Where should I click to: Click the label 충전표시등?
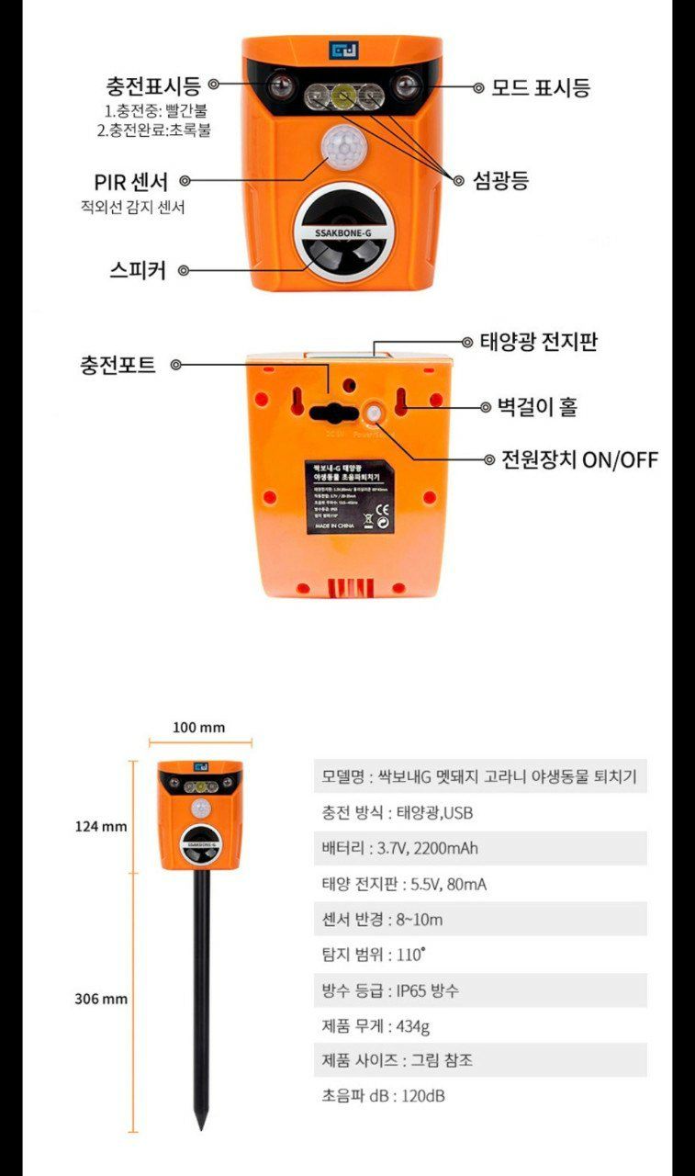(152, 86)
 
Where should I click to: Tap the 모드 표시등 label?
(540, 87)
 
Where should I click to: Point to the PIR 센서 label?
(131, 182)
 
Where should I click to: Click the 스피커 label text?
(137, 271)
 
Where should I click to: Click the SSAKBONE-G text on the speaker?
(342, 233)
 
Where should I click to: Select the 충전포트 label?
(117, 365)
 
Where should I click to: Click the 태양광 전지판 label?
(539, 343)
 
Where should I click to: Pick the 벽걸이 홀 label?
(536, 407)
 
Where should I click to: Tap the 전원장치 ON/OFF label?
(579, 459)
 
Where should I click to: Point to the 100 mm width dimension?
(199, 728)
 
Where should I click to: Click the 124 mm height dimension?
(101, 826)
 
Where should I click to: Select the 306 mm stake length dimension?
(101, 999)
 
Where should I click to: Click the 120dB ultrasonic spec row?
(384, 1096)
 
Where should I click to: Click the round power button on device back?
(374, 414)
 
